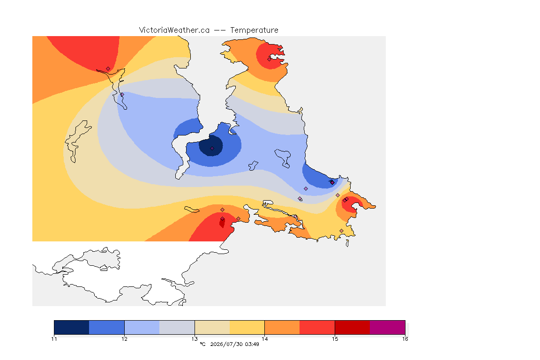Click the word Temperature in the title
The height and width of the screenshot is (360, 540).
[x=254, y=30]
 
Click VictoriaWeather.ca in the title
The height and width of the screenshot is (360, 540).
[x=174, y=30]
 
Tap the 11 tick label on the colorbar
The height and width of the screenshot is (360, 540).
[x=54, y=339]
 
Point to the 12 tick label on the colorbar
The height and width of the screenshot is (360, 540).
[x=124, y=339]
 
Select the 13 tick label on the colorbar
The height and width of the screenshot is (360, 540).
[x=195, y=339]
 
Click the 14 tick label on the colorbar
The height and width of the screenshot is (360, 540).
[x=264, y=339]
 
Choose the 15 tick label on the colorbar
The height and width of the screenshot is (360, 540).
[x=335, y=339]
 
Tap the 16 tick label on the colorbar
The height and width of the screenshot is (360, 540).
[x=405, y=339]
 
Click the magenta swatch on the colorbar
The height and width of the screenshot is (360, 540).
[x=388, y=327]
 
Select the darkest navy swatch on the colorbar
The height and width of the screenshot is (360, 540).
[x=72, y=327]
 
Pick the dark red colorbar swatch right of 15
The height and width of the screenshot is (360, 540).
[x=352, y=327]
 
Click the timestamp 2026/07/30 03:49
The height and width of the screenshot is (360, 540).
[x=234, y=344]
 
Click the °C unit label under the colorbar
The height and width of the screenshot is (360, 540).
[x=202, y=344]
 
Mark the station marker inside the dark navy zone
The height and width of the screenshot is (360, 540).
[x=212, y=149]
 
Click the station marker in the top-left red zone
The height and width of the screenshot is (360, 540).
[x=108, y=69]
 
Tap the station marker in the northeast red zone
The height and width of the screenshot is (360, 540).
[x=270, y=59]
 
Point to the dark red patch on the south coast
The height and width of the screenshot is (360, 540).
[x=222, y=223]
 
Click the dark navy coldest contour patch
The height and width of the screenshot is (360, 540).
[x=211, y=146]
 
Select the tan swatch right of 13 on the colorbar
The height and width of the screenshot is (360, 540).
[x=212, y=327]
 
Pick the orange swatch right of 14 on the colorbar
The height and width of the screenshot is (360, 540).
[x=282, y=327]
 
